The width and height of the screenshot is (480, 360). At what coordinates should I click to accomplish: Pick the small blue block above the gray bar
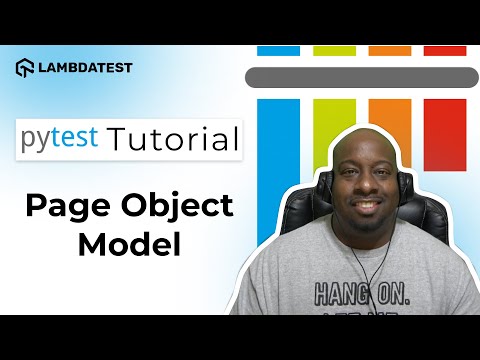(278, 50)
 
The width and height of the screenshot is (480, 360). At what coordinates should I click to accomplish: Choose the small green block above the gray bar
(333, 50)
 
